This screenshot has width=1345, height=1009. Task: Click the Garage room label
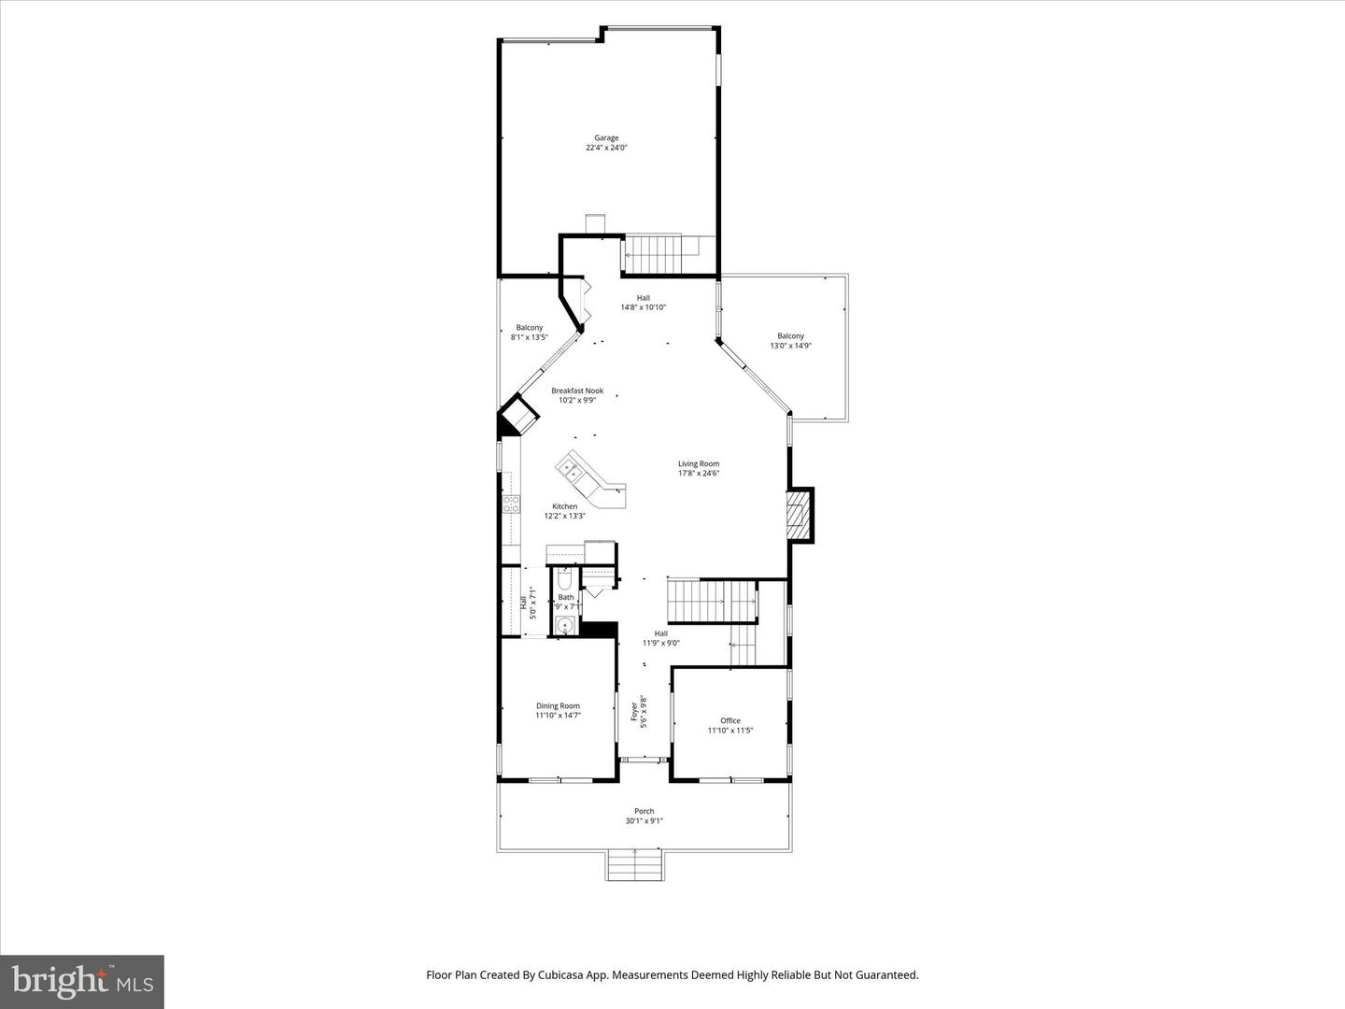click(x=606, y=143)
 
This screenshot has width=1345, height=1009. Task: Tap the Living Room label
click(x=699, y=468)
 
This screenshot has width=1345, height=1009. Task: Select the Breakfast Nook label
click(x=577, y=395)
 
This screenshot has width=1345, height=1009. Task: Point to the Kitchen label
click(x=564, y=511)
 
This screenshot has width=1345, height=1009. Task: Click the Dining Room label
click(x=558, y=711)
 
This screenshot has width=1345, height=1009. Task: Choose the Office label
click(x=730, y=725)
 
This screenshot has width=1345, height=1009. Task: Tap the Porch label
click(x=644, y=817)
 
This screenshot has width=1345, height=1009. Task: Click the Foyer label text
click(x=635, y=711)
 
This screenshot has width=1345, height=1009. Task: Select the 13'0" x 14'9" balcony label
click(x=790, y=341)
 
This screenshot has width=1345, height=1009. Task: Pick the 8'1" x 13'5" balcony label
click(x=529, y=333)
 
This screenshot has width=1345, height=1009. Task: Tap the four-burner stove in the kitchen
click(x=511, y=504)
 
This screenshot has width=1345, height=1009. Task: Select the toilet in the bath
click(x=564, y=576)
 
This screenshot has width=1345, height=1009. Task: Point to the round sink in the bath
click(x=563, y=626)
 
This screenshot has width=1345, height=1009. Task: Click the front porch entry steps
click(x=635, y=865)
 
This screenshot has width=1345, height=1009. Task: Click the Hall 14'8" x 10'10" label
click(x=643, y=303)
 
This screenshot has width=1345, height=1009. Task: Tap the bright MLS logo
click(x=82, y=981)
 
